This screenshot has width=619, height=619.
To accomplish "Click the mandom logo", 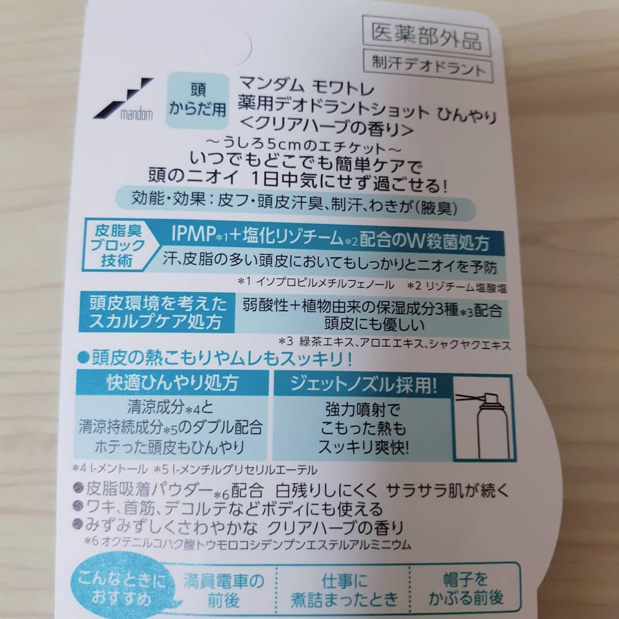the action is (123, 99).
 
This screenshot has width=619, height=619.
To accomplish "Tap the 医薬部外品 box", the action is (426, 36).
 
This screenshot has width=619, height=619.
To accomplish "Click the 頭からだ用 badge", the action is (197, 100).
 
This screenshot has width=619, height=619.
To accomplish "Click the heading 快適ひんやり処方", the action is (173, 382).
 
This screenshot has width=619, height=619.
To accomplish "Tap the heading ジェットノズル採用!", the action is (363, 384).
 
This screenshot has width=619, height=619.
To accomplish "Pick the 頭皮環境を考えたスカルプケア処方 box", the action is (156, 312).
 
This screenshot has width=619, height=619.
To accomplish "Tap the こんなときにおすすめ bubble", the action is (123, 588).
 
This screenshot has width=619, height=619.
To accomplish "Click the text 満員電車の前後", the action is (224, 590).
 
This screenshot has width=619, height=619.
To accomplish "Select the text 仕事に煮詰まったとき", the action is (344, 590).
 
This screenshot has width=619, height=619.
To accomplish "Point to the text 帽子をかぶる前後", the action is (466, 589).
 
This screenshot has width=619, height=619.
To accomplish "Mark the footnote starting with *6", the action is (248, 543).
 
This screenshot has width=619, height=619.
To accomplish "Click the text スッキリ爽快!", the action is (363, 447).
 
